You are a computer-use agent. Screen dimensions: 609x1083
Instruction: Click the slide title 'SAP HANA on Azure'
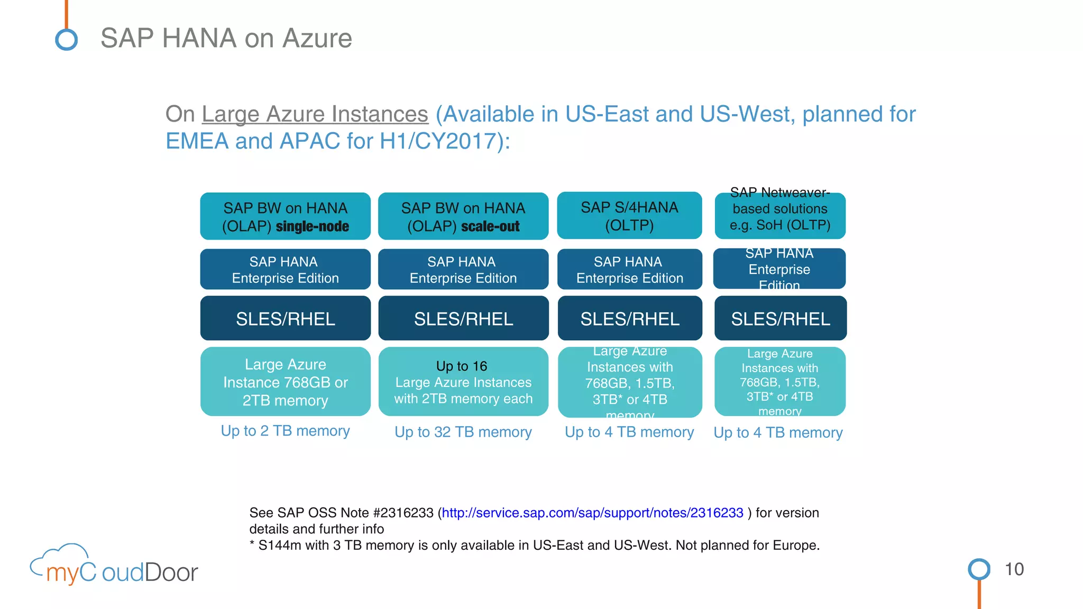tap(226, 39)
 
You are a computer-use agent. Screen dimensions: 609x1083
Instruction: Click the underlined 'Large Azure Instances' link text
tap(315, 114)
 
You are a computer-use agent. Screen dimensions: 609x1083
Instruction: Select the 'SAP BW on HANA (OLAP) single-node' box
tap(285, 216)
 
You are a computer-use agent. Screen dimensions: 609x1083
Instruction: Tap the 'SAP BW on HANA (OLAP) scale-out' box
tap(463, 216)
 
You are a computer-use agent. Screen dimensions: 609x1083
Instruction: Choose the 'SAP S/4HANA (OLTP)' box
tap(629, 216)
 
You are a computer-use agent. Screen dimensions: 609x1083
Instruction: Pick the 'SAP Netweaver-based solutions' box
tap(780, 216)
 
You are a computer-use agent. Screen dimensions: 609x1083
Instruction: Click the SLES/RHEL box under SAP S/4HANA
tap(630, 318)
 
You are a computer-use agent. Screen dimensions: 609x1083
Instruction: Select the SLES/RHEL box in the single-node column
tap(285, 318)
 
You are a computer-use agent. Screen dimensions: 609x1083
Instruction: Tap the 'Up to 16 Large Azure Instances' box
tap(463, 382)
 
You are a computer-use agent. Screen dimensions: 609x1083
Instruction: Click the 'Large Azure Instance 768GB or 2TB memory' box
tap(285, 382)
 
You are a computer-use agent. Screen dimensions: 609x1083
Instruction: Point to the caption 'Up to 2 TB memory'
tap(285, 431)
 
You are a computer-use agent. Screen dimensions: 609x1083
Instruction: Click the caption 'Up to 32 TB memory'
tap(463, 432)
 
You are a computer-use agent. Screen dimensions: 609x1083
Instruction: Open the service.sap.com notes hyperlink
tap(592, 513)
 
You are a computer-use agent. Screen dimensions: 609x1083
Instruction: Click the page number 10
tap(1014, 569)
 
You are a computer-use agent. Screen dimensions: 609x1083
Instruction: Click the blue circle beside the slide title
tap(67, 40)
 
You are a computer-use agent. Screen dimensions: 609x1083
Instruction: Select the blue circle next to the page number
tap(979, 569)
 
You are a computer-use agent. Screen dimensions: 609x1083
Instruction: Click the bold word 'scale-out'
tap(490, 227)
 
